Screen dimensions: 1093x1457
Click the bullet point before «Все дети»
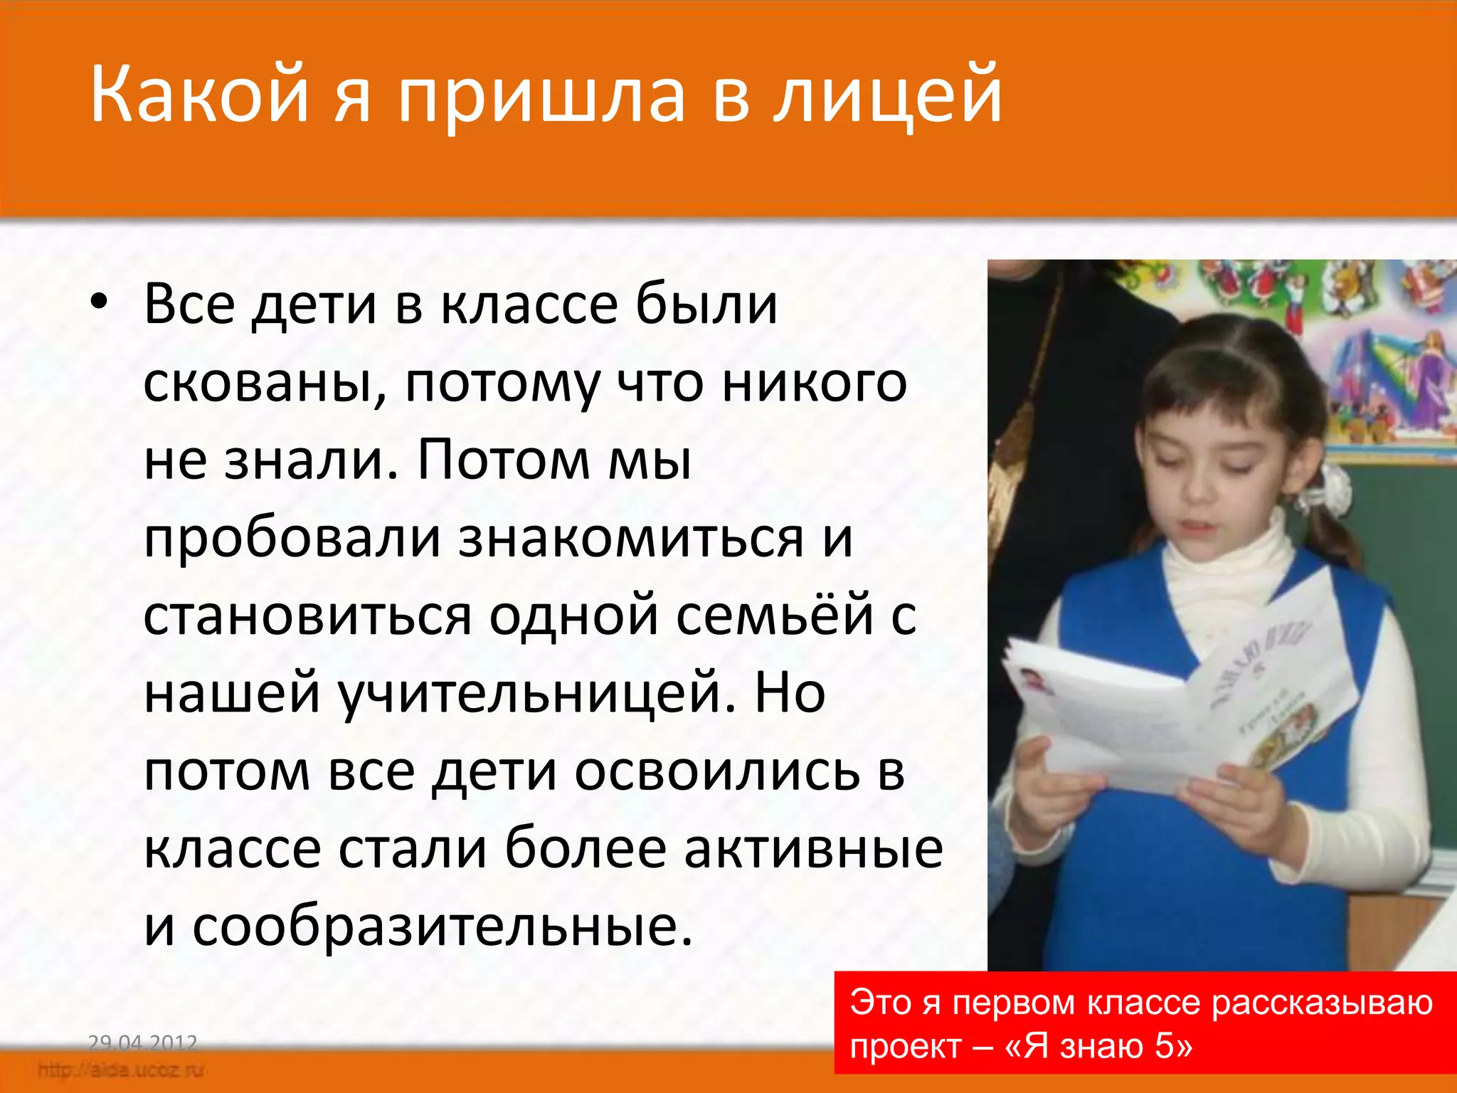[99, 302]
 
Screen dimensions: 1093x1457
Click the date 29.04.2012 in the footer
[142, 1043]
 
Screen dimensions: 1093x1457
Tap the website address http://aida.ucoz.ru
[121, 1070]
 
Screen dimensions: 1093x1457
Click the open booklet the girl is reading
[1181, 697]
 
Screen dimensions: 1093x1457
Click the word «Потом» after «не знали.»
[502, 461]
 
